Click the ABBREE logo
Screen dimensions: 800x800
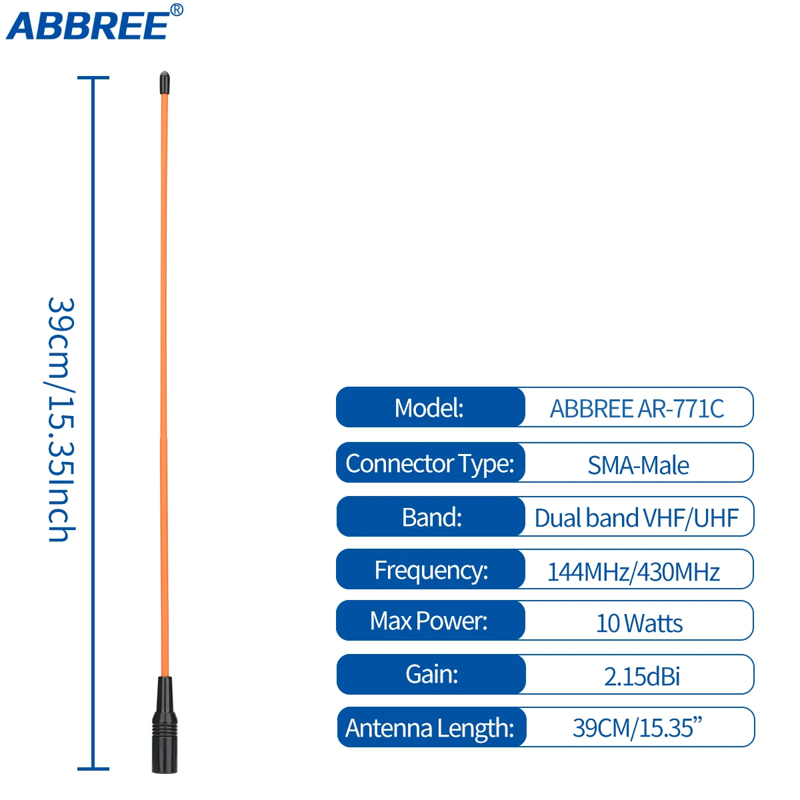pyautogui.click(x=88, y=26)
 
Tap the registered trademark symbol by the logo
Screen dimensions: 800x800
pyautogui.click(x=177, y=9)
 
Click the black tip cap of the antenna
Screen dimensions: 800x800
pyautogui.click(x=165, y=82)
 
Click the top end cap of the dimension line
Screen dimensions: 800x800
pyautogui.click(x=93, y=77)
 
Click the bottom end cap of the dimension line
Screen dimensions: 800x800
pyautogui.click(x=93, y=769)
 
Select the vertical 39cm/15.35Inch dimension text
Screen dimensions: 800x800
pyautogui.click(x=61, y=419)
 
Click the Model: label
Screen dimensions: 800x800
pyautogui.click(x=429, y=408)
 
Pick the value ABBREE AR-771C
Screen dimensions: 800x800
pyautogui.click(x=637, y=409)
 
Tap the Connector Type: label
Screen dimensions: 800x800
pyautogui.click(x=430, y=464)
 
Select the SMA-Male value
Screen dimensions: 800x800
pyautogui.click(x=638, y=465)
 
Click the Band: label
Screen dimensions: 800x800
pyautogui.click(x=432, y=517)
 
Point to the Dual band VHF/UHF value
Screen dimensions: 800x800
pyautogui.click(x=636, y=518)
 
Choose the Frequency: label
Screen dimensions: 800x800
pyautogui.click(x=431, y=571)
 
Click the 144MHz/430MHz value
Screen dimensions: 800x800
pyautogui.click(x=633, y=572)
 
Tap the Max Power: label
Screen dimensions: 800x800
pyautogui.click(x=429, y=621)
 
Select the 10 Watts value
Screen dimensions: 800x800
pyautogui.click(x=639, y=623)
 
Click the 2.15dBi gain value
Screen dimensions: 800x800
pyautogui.click(x=641, y=677)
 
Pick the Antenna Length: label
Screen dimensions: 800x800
pyautogui.click(x=430, y=729)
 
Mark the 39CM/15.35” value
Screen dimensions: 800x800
pyautogui.click(x=637, y=728)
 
